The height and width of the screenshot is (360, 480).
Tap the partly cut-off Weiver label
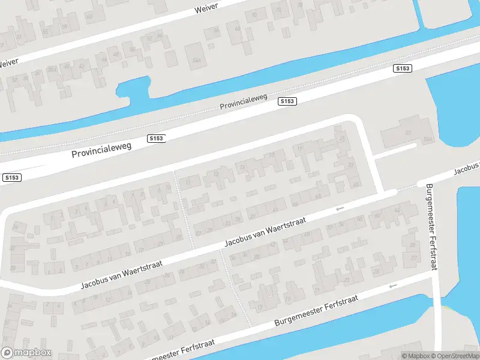[8, 62]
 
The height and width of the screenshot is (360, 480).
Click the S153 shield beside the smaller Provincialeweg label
[287, 101]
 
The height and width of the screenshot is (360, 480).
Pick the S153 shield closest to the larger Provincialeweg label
[156, 139]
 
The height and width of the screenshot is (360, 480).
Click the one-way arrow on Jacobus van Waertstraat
[340, 208]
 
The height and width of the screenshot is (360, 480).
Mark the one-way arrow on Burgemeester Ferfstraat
[392, 286]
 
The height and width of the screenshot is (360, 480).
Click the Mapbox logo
[26, 353]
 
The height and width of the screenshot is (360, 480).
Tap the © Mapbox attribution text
[416, 356]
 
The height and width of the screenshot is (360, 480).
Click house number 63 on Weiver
[90, 16]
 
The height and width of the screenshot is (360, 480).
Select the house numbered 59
[64, 26]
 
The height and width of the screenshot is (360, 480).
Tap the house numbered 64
[396, 211]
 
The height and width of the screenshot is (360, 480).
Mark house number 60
[377, 215]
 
